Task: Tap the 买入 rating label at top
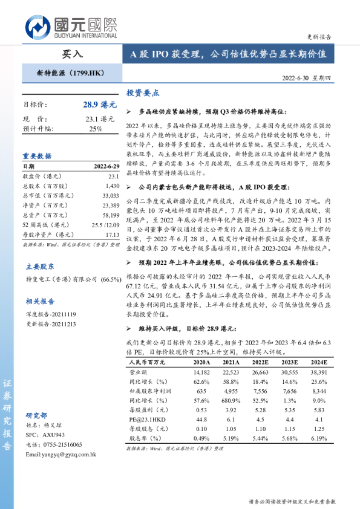click(x=73, y=54)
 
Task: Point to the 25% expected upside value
click(x=96, y=129)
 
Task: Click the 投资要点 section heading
click(x=142, y=93)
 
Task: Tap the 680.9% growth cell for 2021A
click(x=232, y=400)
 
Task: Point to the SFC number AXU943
click(x=53, y=435)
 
